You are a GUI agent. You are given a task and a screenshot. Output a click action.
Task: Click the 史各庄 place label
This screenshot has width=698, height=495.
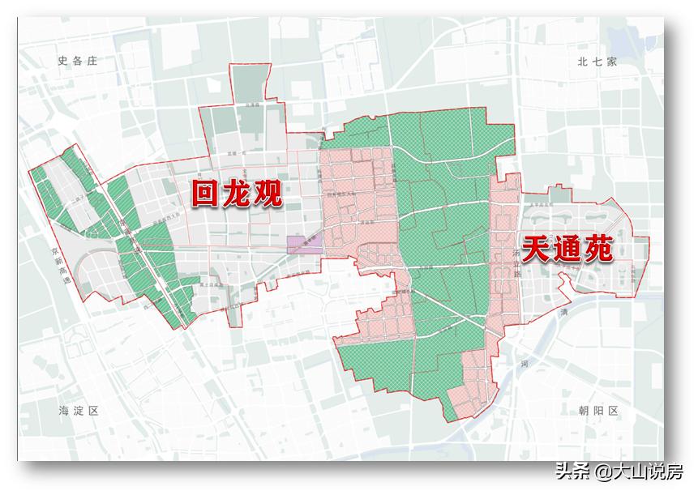click(x=78, y=61)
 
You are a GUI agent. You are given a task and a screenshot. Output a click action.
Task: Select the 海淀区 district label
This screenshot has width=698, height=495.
click(x=79, y=411)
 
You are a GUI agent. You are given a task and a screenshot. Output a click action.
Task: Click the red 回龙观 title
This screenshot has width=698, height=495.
click(x=236, y=194)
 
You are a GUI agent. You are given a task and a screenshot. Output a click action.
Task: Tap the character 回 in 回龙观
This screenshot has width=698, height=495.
click(x=206, y=194)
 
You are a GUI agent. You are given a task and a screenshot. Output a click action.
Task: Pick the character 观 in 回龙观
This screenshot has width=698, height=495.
click(x=267, y=194)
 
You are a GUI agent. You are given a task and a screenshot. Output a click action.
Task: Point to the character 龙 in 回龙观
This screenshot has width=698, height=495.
click(x=236, y=194)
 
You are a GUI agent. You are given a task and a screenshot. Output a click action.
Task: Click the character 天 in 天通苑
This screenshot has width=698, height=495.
click(x=537, y=248)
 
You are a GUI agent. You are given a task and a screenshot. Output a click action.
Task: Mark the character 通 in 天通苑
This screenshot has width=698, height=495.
click(x=567, y=248)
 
